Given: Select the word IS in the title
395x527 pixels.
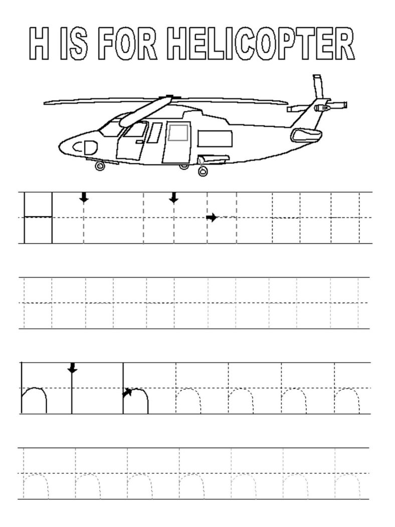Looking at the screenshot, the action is point(74,44).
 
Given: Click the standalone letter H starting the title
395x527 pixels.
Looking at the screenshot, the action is point(39,44).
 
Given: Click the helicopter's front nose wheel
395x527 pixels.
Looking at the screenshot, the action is point(99,166).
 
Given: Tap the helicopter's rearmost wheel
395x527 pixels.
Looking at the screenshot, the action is point(203,171).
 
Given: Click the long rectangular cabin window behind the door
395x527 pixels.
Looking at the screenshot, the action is point(215,139).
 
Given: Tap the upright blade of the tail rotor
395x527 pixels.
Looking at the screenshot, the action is point(318,86).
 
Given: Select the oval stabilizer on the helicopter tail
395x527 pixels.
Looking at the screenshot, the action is point(306,135).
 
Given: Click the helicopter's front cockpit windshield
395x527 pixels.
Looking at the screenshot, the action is point(110,128).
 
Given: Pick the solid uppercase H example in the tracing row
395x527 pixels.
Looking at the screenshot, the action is point(38,218).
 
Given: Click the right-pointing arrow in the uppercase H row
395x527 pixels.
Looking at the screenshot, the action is point(212,218).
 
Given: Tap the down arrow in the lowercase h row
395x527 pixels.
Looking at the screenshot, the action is point(72,368).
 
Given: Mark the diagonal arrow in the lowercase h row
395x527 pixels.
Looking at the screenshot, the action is point(127,392).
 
